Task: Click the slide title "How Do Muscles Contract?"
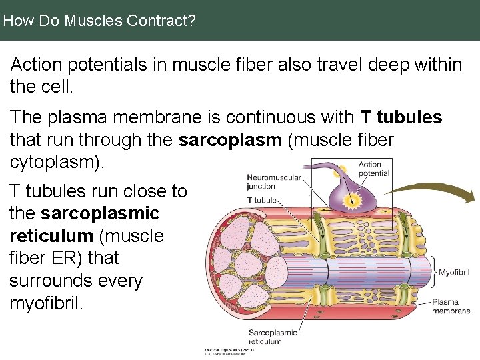click(99, 21)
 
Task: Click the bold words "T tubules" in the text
click(401, 117)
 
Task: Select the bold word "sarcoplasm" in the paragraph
click(222, 141)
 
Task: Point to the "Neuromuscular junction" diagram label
click(274, 182)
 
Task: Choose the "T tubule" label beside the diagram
click(261, 200)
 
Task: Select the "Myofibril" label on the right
click(454, 272)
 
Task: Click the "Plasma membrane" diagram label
click(451, 306)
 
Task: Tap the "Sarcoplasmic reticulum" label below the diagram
click(273, 337)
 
